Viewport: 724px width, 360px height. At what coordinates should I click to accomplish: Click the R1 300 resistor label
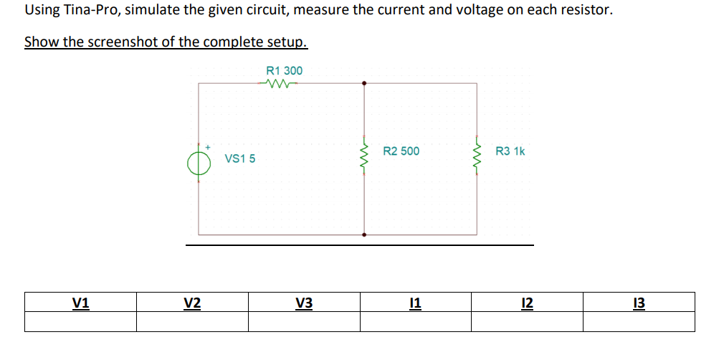[284, 70]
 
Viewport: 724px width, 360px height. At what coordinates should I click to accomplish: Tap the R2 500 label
[401, 151]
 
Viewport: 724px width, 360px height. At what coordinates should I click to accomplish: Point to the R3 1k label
[510, 151]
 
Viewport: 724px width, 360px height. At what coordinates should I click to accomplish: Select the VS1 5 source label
[240, 158]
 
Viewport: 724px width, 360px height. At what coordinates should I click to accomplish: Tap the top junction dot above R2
[364, 83]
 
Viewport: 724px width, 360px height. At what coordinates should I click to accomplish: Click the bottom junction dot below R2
[364, 235]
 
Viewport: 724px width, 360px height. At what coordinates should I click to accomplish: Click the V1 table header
[81, 303]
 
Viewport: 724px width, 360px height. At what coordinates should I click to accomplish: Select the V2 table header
[192, 303]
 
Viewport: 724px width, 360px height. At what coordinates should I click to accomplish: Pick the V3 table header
[304, 303]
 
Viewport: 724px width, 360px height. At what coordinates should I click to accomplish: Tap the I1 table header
[416, 303]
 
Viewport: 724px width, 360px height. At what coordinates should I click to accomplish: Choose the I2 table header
[527, 303]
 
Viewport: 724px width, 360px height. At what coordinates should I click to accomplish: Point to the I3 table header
[639, 303]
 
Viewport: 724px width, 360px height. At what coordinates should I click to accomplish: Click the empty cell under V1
[81, 322]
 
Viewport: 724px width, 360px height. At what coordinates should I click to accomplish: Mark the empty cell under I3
[639, 322]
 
